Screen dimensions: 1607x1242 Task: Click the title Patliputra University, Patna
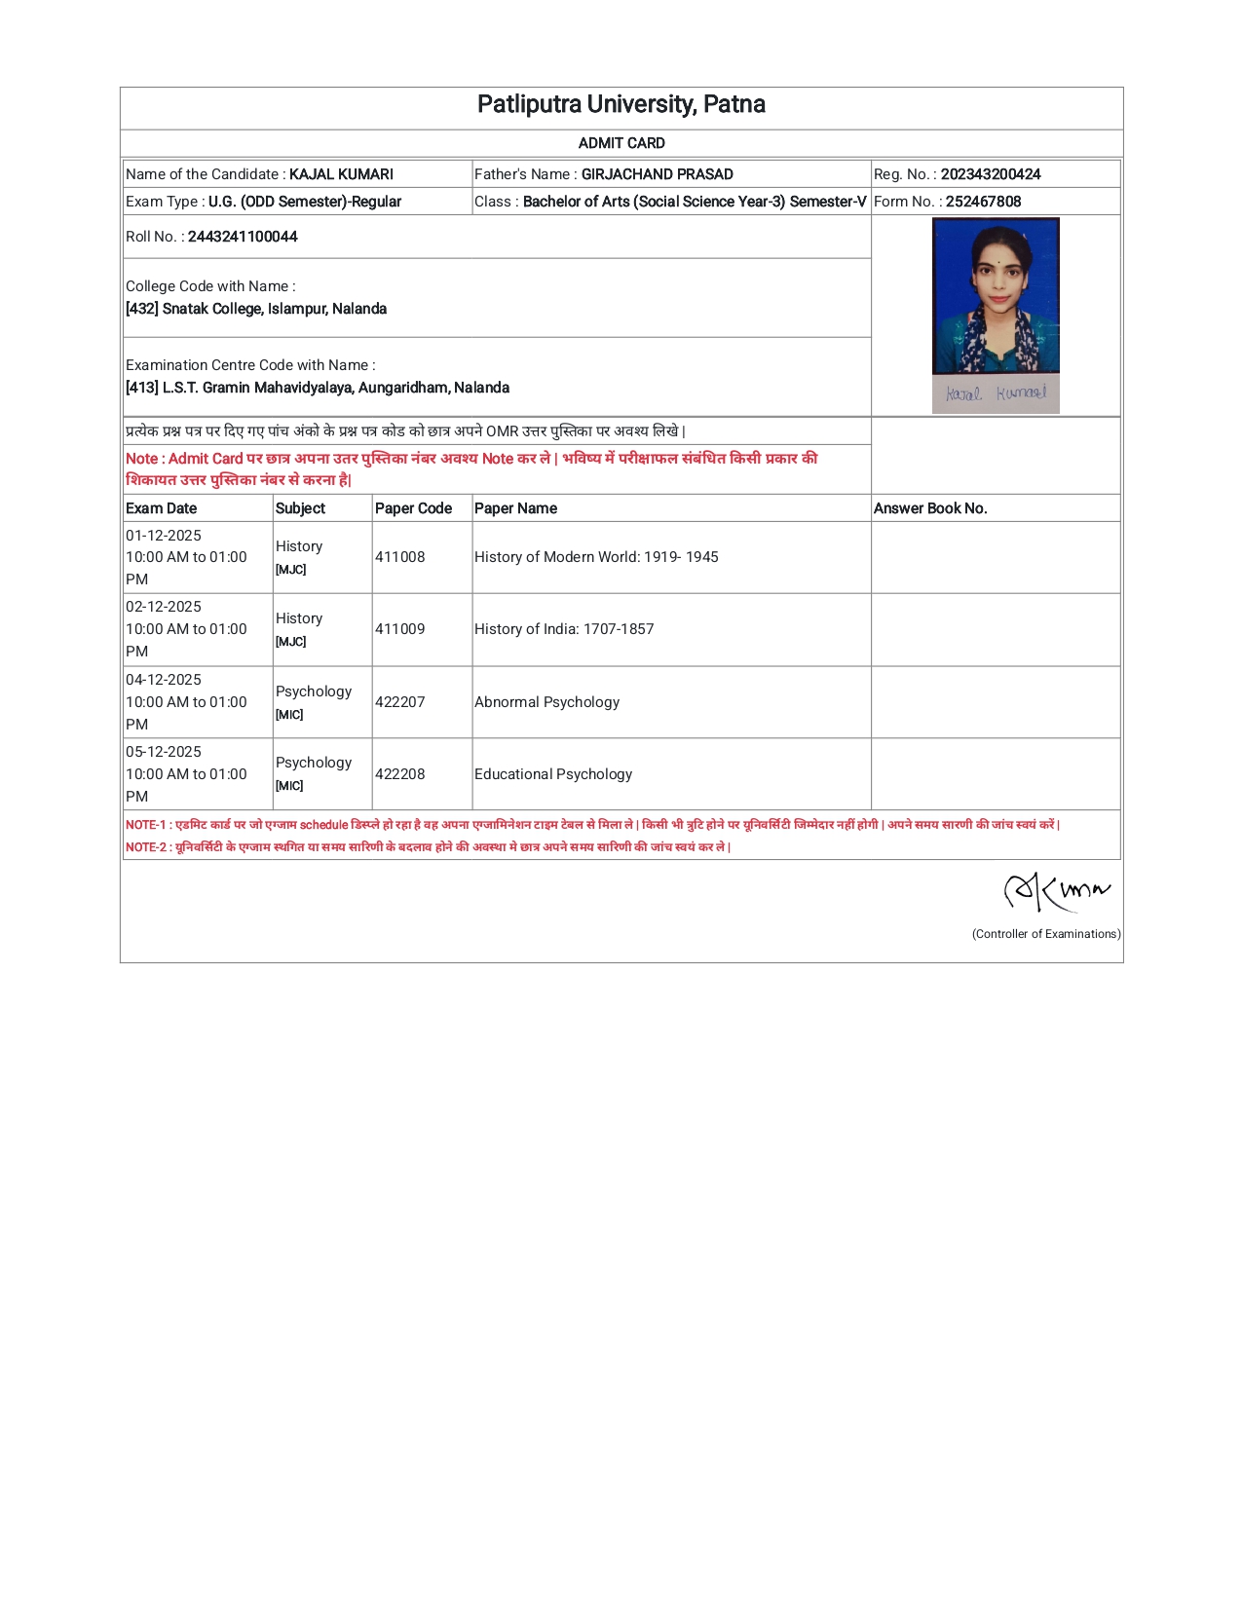[621, 105]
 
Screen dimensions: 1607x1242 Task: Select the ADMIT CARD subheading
[621, 143]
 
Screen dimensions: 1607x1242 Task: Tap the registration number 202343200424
[991, 174]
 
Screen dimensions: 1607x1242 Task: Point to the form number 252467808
[983, 202]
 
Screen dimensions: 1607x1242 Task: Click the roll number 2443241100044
[243, 237]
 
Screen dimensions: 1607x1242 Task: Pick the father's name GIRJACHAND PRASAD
[658, 174]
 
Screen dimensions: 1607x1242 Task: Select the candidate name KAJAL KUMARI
[341, 174]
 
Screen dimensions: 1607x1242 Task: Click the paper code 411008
[400, 557]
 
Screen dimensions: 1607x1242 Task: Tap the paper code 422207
[400, 702]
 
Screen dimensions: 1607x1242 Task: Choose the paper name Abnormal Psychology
[546, 702]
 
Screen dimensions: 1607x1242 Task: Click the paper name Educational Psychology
[553, 774]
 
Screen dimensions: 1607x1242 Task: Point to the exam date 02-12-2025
[164, 607]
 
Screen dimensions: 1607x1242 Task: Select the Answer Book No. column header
[930, 508]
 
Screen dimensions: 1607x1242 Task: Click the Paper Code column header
[413, 508]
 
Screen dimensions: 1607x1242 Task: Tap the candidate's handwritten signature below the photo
[996, 393]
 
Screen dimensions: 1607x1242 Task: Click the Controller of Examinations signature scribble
[1056, 890]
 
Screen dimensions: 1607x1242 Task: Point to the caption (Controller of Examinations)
[1046, 934]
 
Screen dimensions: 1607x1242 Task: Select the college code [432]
[142, 309]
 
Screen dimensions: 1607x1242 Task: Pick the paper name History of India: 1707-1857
[564, 629]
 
